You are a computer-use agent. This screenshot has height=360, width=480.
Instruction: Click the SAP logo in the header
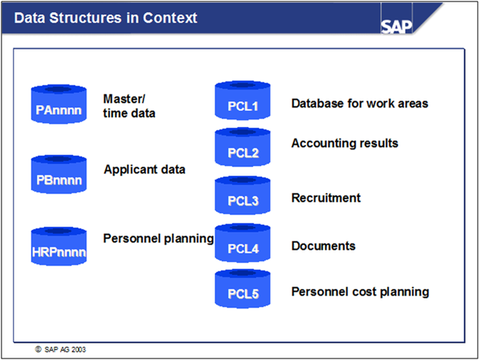pyautogui.click(x=397, y=25)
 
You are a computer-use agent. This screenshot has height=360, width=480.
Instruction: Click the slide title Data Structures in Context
pyautogui.click(x=106, y=17)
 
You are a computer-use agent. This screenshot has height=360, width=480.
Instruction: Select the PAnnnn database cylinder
pyautogui.click(x=58, y=106)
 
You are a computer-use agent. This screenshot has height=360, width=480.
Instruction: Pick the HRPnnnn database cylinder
pyautogui.click(x=58, y=248)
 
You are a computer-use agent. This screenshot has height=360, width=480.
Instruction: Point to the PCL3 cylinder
pyautogui.click(x=242, y=197)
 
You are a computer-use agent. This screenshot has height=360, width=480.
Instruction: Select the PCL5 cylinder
pyautogui.click(x=242, y=290)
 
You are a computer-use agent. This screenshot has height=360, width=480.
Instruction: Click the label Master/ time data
pyautogui.click(x=130, y=105)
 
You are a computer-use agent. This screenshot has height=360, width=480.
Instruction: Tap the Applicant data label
pyautogui.click(x=144, y=169)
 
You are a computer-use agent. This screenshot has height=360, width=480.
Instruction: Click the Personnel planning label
pyautogui.click(x=158, y=239)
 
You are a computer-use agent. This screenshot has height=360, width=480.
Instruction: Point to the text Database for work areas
pyautogui.click(x=359, y=103)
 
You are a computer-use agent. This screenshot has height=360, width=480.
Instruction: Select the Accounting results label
pyautogui.click(x=344, y=143)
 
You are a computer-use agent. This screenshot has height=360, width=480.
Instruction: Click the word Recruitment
pyautogui.click(x=325, y=198)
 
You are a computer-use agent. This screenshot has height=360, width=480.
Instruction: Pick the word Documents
pyautogui.click(x=322, y=246)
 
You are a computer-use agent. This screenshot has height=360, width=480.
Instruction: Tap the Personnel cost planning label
pyautogui.click(x=360, y=291)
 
